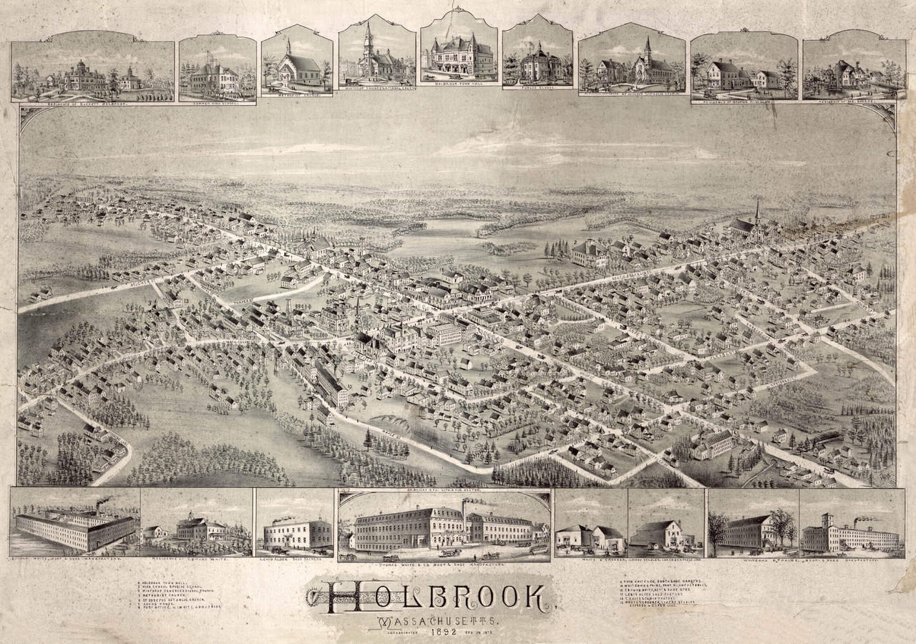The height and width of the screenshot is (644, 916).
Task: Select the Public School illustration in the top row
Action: click(537, 64)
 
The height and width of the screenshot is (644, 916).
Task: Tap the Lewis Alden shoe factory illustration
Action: click(296, 533)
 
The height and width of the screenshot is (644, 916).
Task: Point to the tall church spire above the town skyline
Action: click(757, 212)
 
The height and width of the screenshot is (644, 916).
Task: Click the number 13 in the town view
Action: click(185, 301)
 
